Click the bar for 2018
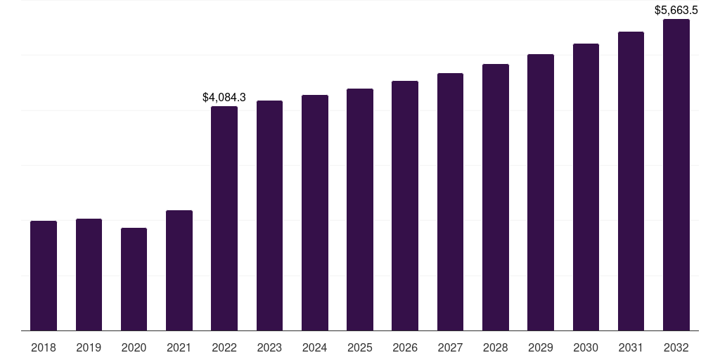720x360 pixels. point(44,276)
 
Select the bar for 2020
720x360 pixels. point(134,279)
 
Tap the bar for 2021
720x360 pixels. point(179,271)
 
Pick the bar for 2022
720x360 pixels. point(224,218)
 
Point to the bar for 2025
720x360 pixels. point(360,210)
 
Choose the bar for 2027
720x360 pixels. point(450,202)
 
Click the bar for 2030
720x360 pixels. point(586,187)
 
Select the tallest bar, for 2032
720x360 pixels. point(676,174)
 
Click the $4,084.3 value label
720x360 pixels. point(224,97)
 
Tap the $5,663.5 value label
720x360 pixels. point(676,10)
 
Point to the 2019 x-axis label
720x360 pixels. point(89,348)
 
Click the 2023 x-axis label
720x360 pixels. point(269,348)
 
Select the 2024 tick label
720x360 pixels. point(314,348)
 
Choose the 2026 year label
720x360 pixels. point(405,348)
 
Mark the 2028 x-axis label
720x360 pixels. point(495,348)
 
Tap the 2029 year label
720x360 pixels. point(541,348)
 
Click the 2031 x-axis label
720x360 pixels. point(631,348)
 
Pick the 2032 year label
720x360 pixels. point(676,348)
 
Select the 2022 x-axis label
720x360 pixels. point(224,348)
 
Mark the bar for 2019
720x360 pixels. point(89,274)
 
